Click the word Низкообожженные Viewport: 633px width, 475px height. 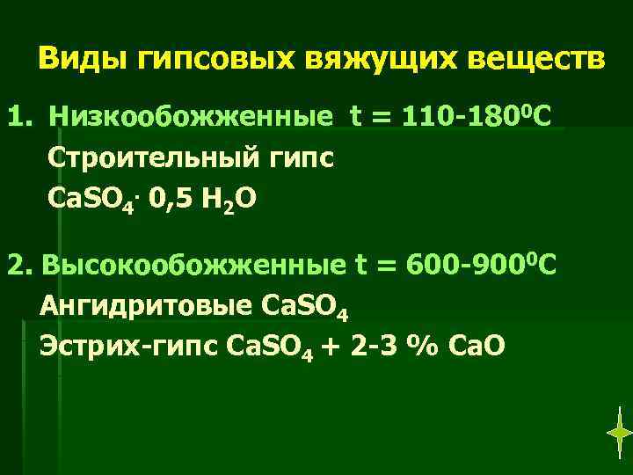tap(191, 118)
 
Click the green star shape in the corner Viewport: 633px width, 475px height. tap(620, 432)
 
